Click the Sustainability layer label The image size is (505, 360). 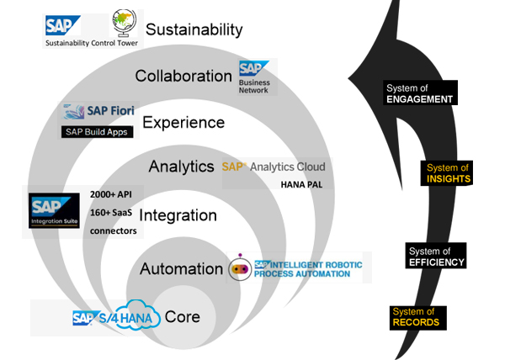coord(194,30)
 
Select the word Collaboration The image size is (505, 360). coord(183,76)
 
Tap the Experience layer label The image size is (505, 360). coord(183,123)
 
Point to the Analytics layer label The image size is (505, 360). coord(181,167)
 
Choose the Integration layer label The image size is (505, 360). coord(178,215)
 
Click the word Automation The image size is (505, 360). coord(181,269)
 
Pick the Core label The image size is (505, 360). coord(183,318)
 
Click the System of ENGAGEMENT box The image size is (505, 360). coord(419,93)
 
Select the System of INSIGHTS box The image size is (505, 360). coord(447,173)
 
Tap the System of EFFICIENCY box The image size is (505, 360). coord(436,257)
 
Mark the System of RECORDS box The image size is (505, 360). coord(416,317)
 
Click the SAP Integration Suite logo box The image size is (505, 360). coord(54,212)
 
